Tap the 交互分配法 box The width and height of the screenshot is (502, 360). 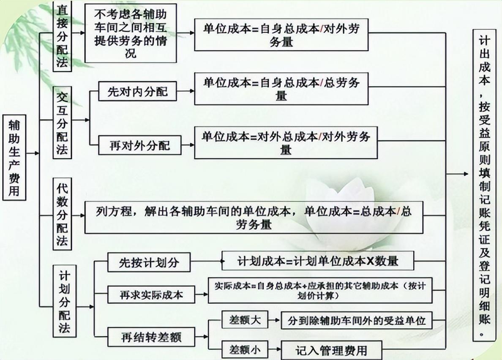pyautogui.click(x=63, y=123)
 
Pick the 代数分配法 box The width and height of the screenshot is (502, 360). pyautogui.click(x=63, y=214)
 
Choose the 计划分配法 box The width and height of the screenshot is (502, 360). pyautogui.click(x=64, y=301)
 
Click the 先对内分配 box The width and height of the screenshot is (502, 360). pyautogui.click(x=137, y=92)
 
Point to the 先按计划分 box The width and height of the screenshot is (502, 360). pyautogui.click(x=149, y=262)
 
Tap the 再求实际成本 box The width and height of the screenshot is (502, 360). pyautogui.click(x=152, y=295)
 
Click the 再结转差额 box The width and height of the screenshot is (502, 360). pyautogui.click(x=152, y=337)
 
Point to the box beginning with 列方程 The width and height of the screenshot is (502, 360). pyautogui.click(x=254, y=218)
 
